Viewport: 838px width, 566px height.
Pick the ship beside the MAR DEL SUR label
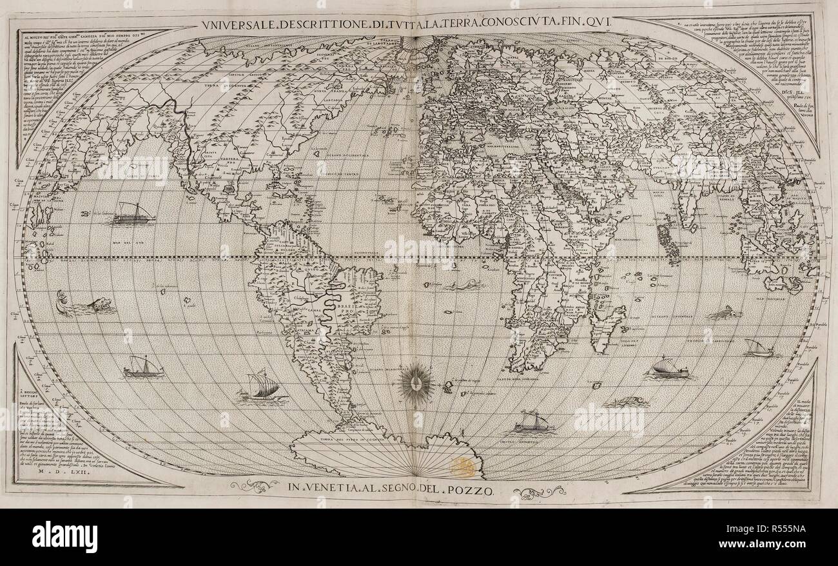click(x=134, y=213)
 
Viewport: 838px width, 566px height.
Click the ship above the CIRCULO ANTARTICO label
click(x=531, y=421)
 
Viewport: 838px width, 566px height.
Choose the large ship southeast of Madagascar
click(x=668, y=368)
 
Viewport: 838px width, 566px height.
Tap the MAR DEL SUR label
click(x=110, y=243)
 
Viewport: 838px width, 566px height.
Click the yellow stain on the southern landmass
click(x=463, y=467)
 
